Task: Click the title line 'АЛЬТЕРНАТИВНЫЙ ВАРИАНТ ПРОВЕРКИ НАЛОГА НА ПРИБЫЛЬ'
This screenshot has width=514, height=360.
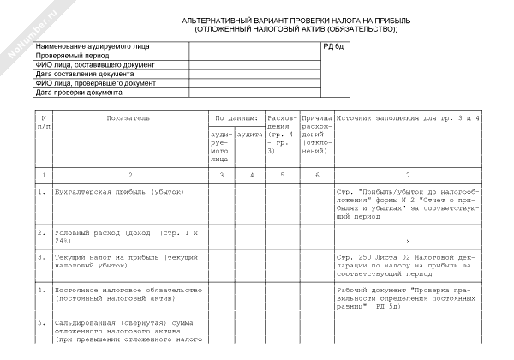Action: pos(296,21)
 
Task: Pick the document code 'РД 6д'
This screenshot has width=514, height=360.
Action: pos(333,45)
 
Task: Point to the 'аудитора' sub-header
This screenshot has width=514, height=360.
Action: pos(250,134)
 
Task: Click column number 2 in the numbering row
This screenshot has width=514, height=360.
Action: pos(129,174)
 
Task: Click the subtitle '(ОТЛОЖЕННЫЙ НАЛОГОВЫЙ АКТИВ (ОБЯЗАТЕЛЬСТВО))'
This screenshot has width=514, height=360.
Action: pos(296,29)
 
